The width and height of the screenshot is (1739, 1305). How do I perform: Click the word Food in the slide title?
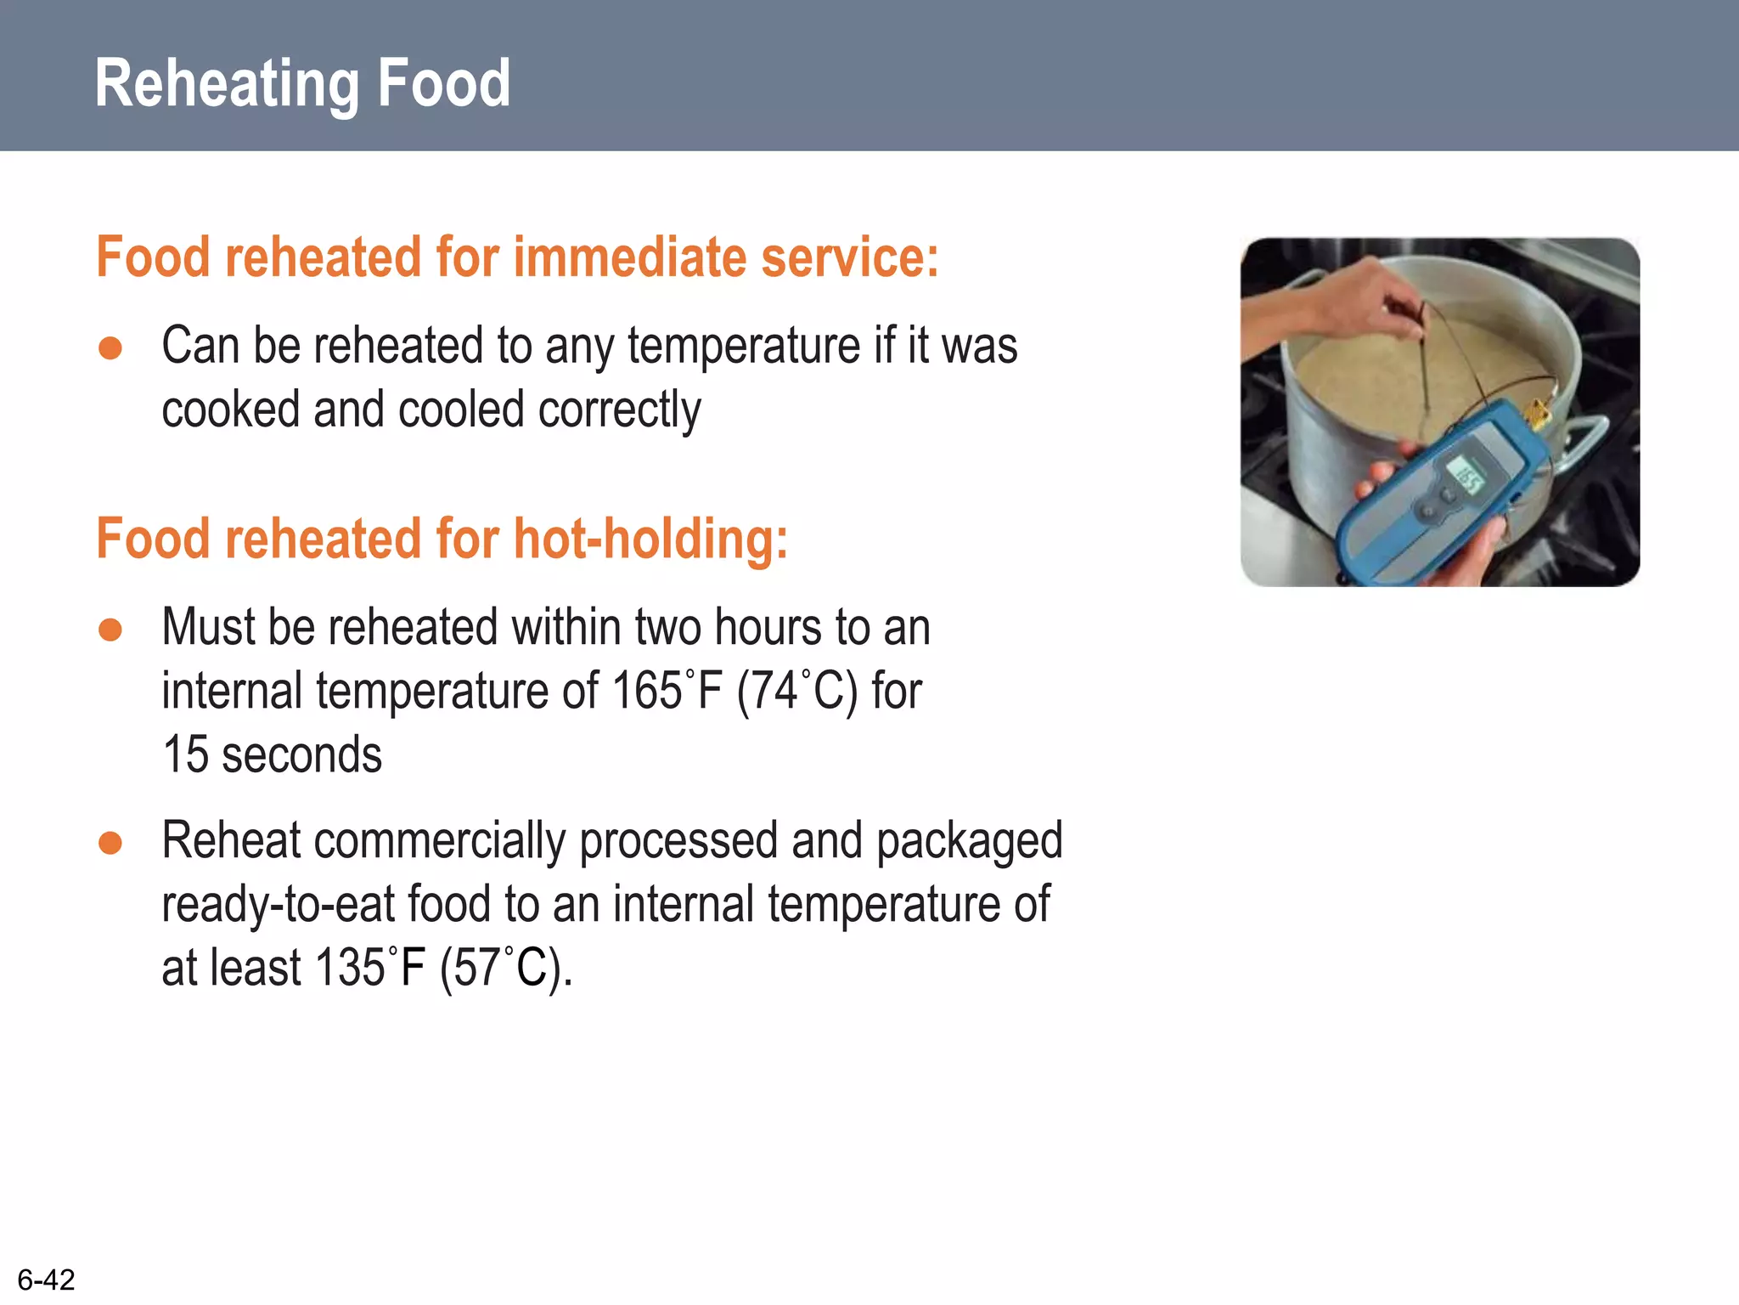[443, 83]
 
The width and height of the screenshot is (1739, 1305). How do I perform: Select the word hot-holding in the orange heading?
[650, 540]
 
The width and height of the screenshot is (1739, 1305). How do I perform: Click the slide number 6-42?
[46, 1280]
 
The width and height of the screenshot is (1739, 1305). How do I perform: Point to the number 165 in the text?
[647, 691]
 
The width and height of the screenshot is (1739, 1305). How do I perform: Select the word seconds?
[301, 754]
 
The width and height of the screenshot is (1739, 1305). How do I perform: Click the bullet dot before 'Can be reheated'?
[110, 348]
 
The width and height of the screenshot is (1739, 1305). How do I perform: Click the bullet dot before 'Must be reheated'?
[110, 630]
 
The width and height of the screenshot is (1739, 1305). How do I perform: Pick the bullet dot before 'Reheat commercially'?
[110, 843]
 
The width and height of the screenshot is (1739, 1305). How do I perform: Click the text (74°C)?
[797, 691]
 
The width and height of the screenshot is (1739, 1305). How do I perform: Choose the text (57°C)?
[505, 968]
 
